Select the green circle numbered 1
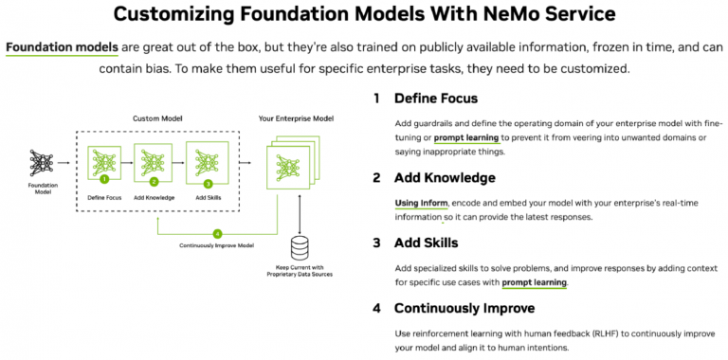pyautogui.click(x=104, y=177)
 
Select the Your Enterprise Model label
pyautogui.click(x=298, y=119)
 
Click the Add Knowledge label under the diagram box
pyautogui.click(x=155, y=197)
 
